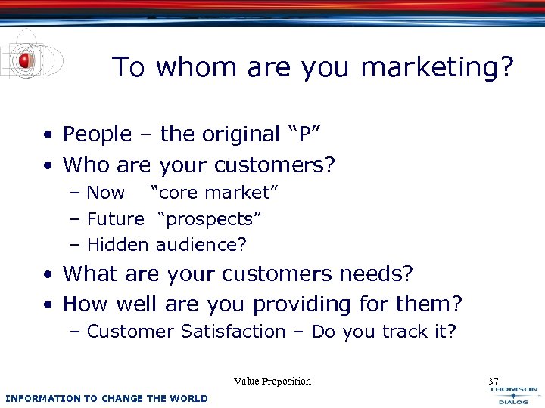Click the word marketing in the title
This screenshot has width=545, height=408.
(x=437, y=68)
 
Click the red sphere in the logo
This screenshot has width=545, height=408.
(x=25, y=60)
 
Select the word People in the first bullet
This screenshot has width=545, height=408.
(x=97, y=134)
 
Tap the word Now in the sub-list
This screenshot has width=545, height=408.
(x=106, y=193)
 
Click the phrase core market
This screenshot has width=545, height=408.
(x=215, y=193)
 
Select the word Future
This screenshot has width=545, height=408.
(x=115, y=219)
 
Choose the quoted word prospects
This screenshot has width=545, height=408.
(x=210, y=219)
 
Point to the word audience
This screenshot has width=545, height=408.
(x=201, y=245)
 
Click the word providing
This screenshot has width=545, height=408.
(x=303, y=304)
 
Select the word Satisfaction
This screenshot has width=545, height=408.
(x=233, y=332)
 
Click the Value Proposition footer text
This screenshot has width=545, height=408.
(x=272, y=382)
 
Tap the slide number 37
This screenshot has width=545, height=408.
(x=494, y=382)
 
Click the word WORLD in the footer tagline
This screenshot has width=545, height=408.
(x=190, y=398)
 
